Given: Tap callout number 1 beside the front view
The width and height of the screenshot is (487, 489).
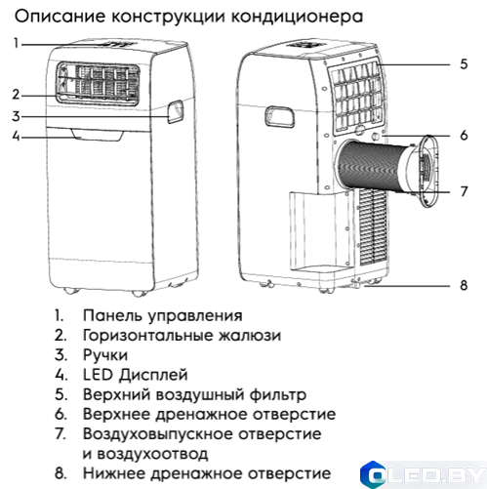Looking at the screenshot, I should (16, 43).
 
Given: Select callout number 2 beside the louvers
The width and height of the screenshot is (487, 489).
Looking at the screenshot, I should (16, 95).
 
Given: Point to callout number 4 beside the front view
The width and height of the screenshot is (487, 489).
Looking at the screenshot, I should (16, 136).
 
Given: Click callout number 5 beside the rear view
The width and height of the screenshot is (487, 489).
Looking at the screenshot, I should (465, 63).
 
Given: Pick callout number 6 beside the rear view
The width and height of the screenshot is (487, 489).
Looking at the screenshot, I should (465, 135).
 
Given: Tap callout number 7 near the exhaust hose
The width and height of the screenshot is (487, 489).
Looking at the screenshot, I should (465, 191).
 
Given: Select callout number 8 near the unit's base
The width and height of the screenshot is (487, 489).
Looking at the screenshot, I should (465, 286).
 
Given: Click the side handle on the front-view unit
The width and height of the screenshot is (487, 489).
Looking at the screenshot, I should (175, 112).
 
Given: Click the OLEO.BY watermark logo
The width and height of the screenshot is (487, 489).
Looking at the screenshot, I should (423, 472).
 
